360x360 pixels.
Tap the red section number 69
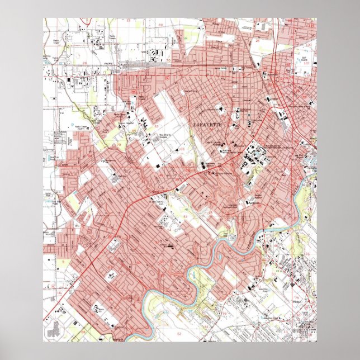coord(161,26)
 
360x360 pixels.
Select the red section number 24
coord(258,41)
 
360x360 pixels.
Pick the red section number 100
coord(308,44)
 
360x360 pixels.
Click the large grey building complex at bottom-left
coord(56,329)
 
